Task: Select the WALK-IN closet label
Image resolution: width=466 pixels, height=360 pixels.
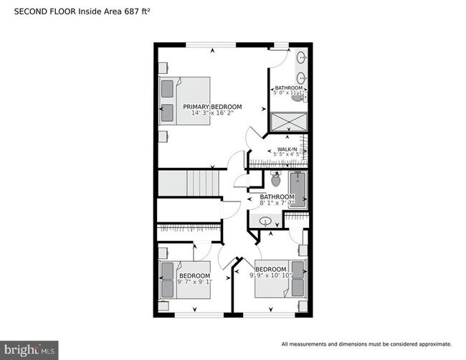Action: (287, 150)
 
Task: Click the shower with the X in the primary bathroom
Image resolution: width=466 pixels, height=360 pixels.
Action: (288, 121)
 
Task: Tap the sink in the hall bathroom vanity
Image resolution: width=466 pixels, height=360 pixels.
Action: (266, 220)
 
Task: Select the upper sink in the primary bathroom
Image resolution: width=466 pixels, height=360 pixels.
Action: (301, 58)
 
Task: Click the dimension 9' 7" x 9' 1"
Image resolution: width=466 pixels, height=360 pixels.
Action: (194, 282)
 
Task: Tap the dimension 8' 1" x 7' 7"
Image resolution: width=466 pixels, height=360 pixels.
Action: (277, 203)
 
